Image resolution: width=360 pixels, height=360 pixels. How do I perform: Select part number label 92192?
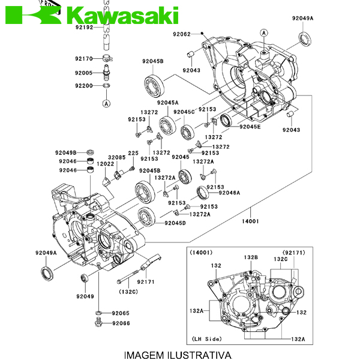click(x=84, y=28)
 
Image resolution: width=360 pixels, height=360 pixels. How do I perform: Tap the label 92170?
click(x=84, y=58)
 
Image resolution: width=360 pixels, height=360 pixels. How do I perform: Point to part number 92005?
click(x=84, y=73)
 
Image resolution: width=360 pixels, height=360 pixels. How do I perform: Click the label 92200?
click(x=84, y=86)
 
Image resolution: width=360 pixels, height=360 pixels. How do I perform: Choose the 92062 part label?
click(x=181, y=34)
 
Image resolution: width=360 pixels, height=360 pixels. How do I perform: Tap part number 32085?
click(x=117, y=157)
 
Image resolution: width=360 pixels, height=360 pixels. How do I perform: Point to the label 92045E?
click(x=250, y=127)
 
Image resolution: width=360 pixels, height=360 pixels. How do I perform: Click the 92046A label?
click(x=229, y=193)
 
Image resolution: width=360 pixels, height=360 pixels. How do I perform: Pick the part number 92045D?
click(x=175, y=223)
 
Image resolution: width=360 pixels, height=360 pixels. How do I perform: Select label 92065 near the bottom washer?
click(x=120, y=313)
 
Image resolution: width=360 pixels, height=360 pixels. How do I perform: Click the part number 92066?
click(x=120, y=323)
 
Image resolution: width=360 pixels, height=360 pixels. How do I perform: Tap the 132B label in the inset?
click(x=250, y=257)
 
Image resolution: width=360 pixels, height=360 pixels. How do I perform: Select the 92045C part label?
click(x=184, y=112)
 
